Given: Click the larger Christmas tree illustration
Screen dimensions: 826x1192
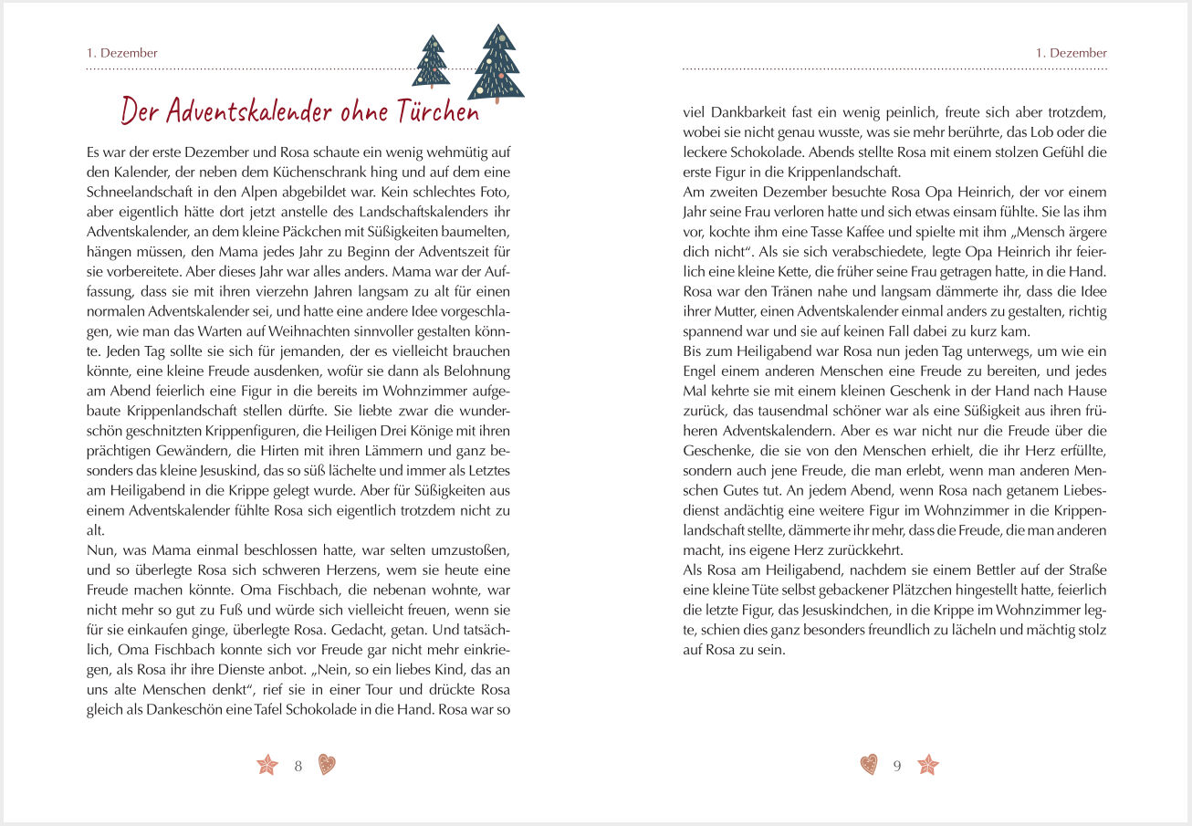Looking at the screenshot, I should coord(497,64).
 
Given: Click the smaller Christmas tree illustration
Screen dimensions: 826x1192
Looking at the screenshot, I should coord(433,62).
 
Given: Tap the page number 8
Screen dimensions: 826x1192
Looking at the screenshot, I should coord(298,766).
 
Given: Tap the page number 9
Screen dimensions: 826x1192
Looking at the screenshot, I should coord(896,766).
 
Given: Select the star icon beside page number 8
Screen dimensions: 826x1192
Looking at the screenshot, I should coord(267,765).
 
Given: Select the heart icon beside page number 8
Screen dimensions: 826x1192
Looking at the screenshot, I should coord(327,765).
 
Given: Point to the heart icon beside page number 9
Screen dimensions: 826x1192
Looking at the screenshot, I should coord(869,765).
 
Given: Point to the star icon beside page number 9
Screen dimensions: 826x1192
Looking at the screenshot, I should coord(927,765).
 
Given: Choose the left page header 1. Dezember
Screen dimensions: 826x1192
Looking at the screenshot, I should coord(122,53).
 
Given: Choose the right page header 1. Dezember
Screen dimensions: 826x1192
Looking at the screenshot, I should coord(1072,53).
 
